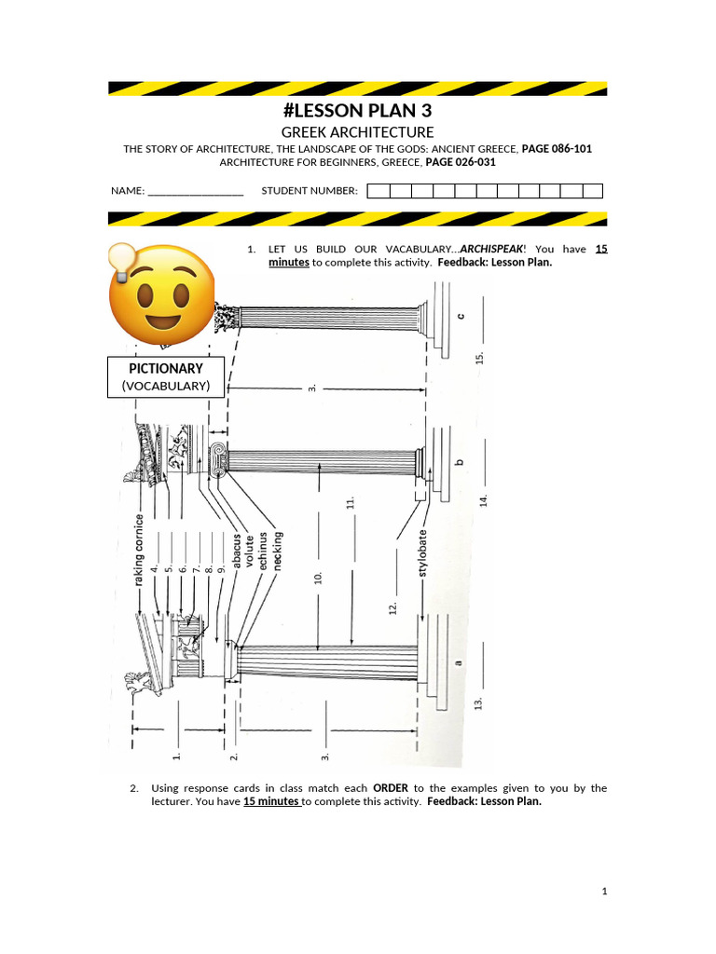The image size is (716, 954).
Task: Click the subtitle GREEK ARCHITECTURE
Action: [358, 133]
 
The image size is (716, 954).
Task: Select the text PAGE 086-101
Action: [557, 149]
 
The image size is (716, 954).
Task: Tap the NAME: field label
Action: [128, 191]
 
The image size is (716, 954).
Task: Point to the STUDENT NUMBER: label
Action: [310, 191]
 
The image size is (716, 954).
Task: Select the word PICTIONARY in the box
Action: [166, 369]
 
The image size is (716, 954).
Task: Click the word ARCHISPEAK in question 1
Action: [499, 250]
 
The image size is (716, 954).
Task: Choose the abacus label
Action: [237, 550]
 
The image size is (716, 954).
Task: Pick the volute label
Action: [250, 550]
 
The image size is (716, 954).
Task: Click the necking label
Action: [278, 550]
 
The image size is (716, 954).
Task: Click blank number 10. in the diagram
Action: [319, 578]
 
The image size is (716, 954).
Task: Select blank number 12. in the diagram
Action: [392, 606]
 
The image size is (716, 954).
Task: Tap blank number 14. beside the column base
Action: [483, 500]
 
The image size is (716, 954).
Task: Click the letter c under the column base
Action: [459, 316]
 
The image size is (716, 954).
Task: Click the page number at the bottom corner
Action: [604, 892]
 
